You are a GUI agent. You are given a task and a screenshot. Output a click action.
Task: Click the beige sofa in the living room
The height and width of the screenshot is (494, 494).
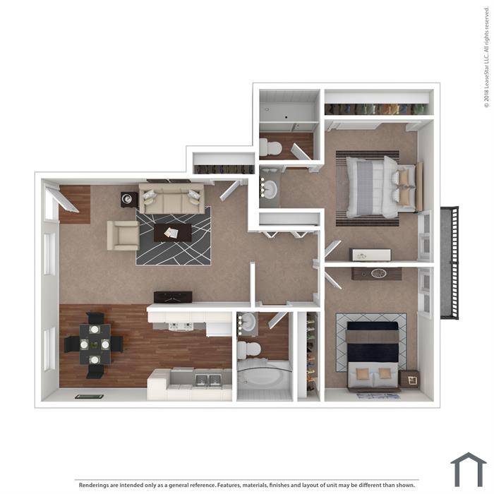(x=171, y=198)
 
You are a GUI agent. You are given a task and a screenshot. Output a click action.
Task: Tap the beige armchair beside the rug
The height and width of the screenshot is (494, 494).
(x=123, y=235)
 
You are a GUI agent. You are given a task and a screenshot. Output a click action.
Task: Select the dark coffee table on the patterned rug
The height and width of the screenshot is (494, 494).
(x=173, y=232)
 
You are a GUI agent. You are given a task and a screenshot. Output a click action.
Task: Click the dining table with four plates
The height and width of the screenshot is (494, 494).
(x=95, y=344)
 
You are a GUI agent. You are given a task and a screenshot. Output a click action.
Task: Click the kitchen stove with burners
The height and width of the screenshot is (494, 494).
(x=181, y=326)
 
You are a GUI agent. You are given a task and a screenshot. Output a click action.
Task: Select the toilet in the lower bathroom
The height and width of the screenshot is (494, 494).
(x=249, y=350)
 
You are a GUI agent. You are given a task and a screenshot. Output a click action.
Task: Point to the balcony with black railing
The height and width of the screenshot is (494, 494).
(x=450, y=263)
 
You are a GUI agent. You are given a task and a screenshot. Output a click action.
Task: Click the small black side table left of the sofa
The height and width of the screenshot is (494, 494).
(x=129, y=200)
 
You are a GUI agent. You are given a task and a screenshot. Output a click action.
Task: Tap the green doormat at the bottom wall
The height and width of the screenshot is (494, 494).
(x=89, y=397)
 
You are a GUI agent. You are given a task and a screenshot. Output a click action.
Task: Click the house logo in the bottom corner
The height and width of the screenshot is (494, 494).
(x=469, y=470)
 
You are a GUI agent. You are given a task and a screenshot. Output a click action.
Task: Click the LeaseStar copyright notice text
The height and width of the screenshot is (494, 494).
(x=487, y=56)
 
